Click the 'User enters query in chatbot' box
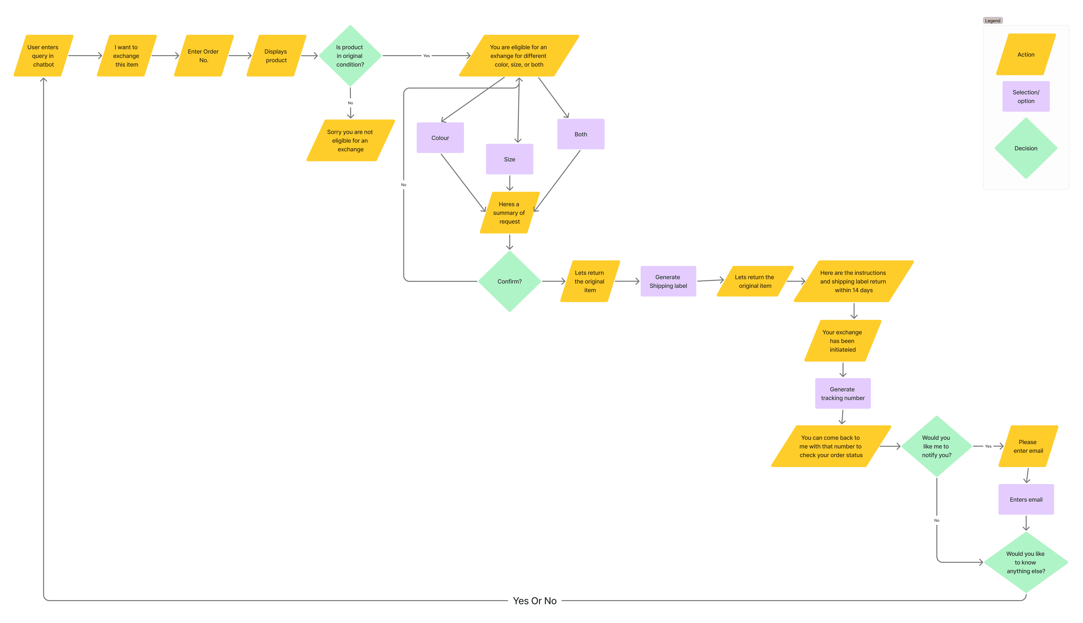pyautogui.click(x=43, y=56)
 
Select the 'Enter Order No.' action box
pyautogui.click(x=204, y=56)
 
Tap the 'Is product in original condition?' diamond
pyautogui.click(x=350, y=56)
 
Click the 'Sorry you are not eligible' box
pyautogui.click(x=350, y=140)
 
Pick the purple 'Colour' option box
pyautogui.click(x=440, y=138)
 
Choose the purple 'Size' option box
pyautogui.click(x=510, y=159)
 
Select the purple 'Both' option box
pyautogui.click(x=581, y=134)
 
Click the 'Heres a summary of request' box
pyautogui.click(x=509, y=213)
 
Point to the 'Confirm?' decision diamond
pyautogui.click(x=510, y=281)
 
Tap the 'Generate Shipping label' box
pyautogui.click(x=668, y=281)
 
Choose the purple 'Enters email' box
pyautogui.click(x=1026, y=499)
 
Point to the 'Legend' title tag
pyautogui.click(x=993, y=21)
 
